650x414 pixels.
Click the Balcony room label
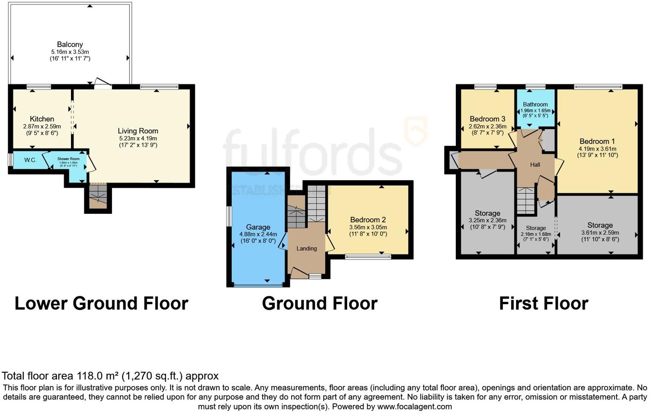tap(70, 44)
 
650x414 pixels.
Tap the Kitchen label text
tap(42, 119)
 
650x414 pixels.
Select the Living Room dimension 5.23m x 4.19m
tap(138, 139)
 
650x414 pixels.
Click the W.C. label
tap(30, 160)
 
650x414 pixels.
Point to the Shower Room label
tap(68, 159)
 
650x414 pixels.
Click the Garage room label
tap(258, 227)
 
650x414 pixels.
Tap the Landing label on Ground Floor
tap(307, 248)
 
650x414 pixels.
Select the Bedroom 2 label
tap(368, 220)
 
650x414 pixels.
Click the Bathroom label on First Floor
tap(535, 104)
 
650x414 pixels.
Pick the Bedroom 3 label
tap(487, 119)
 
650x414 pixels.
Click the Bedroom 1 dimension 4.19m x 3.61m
tap(597, 149)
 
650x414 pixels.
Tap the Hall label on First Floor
tap(535, 165)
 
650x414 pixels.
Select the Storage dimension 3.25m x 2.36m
tap(487, 221)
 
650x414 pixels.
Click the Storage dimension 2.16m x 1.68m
tap(536, 234)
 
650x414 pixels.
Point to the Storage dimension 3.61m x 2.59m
tap(600, 233)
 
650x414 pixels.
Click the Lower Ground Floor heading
tap(101, 303)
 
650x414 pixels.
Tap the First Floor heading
tap(544, 303)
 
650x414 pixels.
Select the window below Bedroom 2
tap(368, 257)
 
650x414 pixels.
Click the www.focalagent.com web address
tap(414, 406)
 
